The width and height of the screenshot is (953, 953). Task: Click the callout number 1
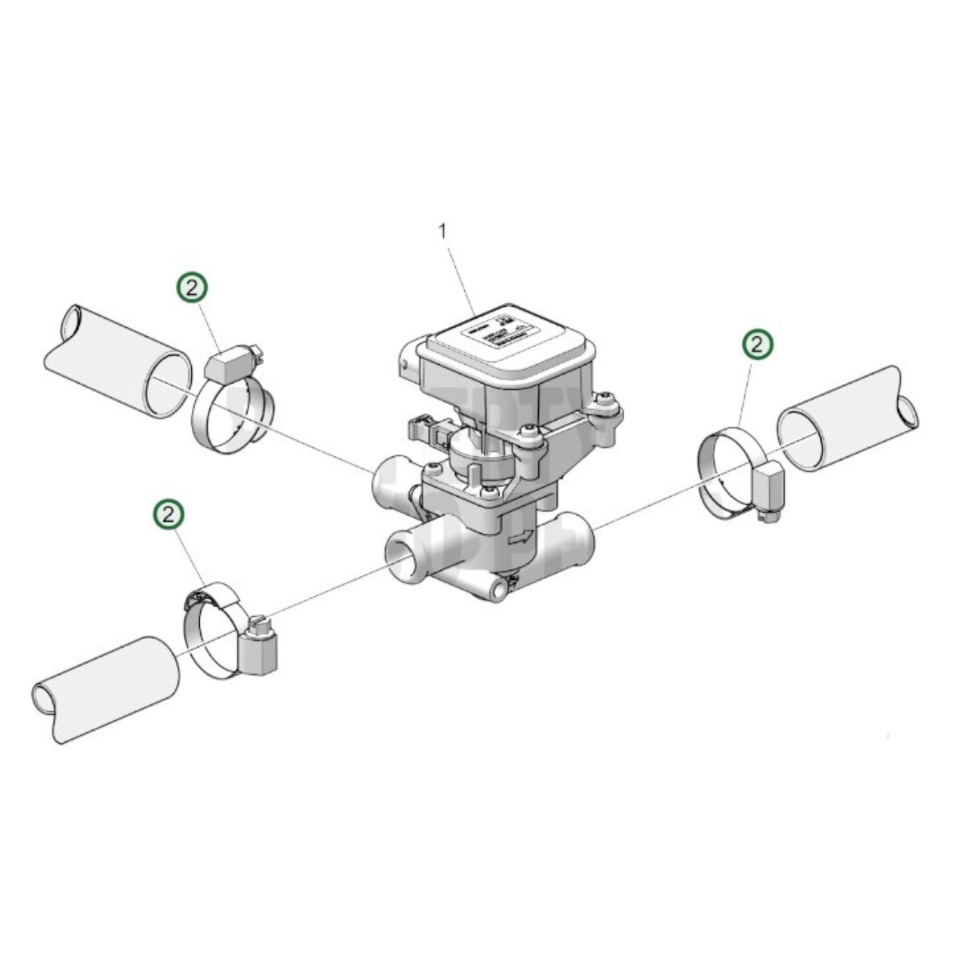(x=443, y=231)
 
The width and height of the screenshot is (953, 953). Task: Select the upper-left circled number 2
(x=191, y=288)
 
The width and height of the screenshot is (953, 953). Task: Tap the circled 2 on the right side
(x=758, y=344)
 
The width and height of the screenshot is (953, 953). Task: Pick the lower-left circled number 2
(x=169, y=514)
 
